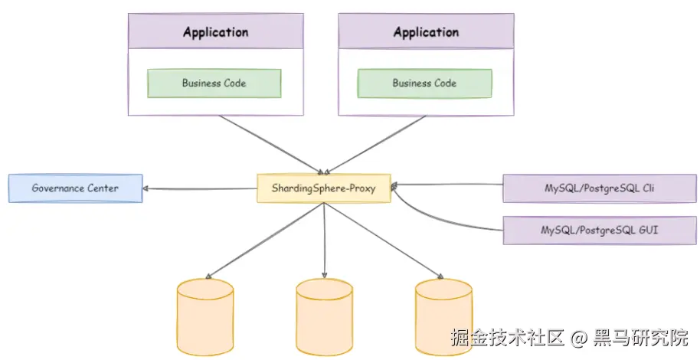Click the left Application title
pos(215,32)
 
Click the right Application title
pos(426,32)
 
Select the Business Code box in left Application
pos(214,83)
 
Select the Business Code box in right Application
pos(424,83)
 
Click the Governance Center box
pos(75,188)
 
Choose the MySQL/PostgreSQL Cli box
pos(600,188)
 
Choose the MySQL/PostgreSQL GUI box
pos(600,231)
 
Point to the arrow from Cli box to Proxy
pos(448,185)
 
